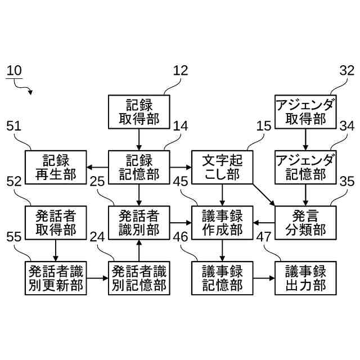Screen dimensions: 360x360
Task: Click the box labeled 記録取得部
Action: [x=139, y=111]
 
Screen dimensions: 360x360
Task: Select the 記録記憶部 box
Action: [x=139, y=167]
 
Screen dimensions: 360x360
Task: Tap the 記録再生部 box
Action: [x=56, y=167]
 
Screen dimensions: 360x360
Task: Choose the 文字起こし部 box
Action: [x=222, y=167]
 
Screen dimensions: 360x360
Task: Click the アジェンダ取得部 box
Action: [x=305, y=111]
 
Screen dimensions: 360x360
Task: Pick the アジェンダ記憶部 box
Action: [x=305, y=167]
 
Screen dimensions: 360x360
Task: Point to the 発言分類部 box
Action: [x=305, y=223]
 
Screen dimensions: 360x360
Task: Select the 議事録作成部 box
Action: [x=222, y=223]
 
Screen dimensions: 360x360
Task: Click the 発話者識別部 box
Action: [x=139, y=223]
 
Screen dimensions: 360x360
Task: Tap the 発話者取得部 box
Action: [x=56, y=223]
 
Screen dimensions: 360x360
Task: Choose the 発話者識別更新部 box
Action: [x=56, y=278]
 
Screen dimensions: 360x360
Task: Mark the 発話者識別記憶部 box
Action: [x=139, y=278]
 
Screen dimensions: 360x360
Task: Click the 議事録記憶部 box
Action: [x=222, y=278]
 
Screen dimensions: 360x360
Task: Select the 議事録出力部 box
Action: [x=305, y=278]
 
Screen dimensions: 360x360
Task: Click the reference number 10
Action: [x=15, y=71]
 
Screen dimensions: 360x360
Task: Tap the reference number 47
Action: [x=264, y=237]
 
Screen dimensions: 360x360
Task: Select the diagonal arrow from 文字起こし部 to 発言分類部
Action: [x=264, y=195]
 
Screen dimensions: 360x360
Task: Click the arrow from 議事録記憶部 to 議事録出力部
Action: [x=264, y=278]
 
